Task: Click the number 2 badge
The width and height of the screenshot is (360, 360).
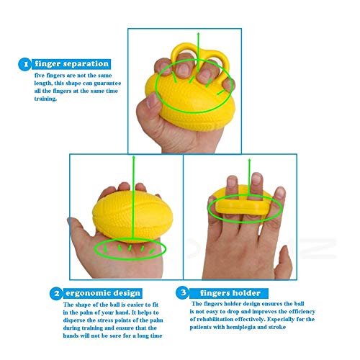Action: tap(55, 293)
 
